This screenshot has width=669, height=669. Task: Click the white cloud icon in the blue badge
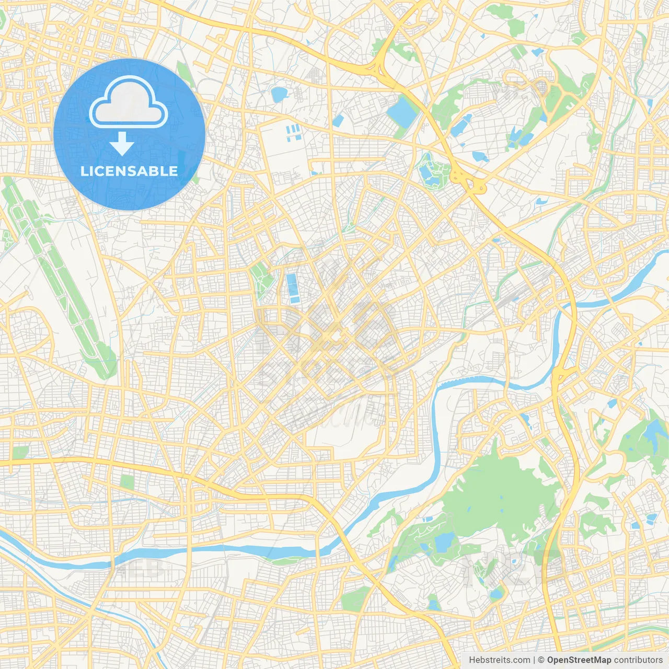(129, 103)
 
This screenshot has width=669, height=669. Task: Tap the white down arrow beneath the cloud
(122, 144)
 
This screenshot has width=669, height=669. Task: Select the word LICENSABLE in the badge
(129, 171)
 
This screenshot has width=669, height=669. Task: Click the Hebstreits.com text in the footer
(499, 660)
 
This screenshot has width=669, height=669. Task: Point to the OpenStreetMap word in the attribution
(579, 660)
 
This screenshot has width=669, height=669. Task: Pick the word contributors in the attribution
(638, 660)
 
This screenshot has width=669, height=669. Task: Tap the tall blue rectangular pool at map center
(293, 289)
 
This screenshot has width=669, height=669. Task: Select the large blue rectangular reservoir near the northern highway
(402, 111)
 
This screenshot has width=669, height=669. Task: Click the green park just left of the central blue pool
(261, 280)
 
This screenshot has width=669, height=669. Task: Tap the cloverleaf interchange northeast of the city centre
(468, 180)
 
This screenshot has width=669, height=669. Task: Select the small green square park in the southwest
(126, 481)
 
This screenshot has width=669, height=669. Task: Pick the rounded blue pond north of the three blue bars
(279, 94)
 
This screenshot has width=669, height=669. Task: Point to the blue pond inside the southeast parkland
(444, 542)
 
